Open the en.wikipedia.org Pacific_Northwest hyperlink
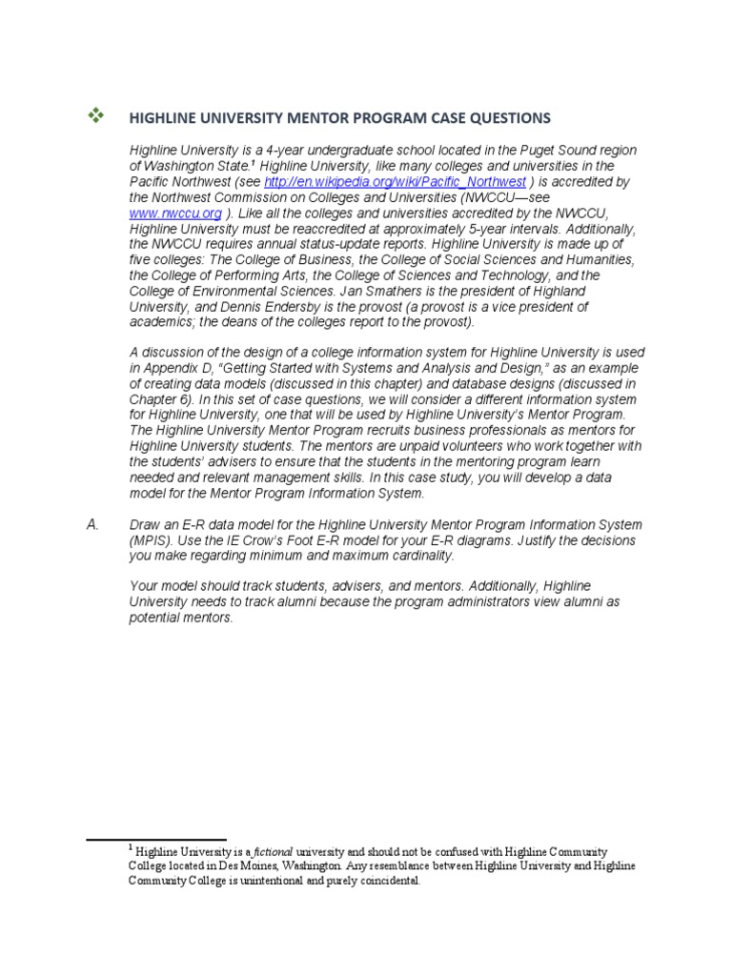tap(395, 181)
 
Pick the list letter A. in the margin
tap(93, 524)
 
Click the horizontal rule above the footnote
tap(156, 840)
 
